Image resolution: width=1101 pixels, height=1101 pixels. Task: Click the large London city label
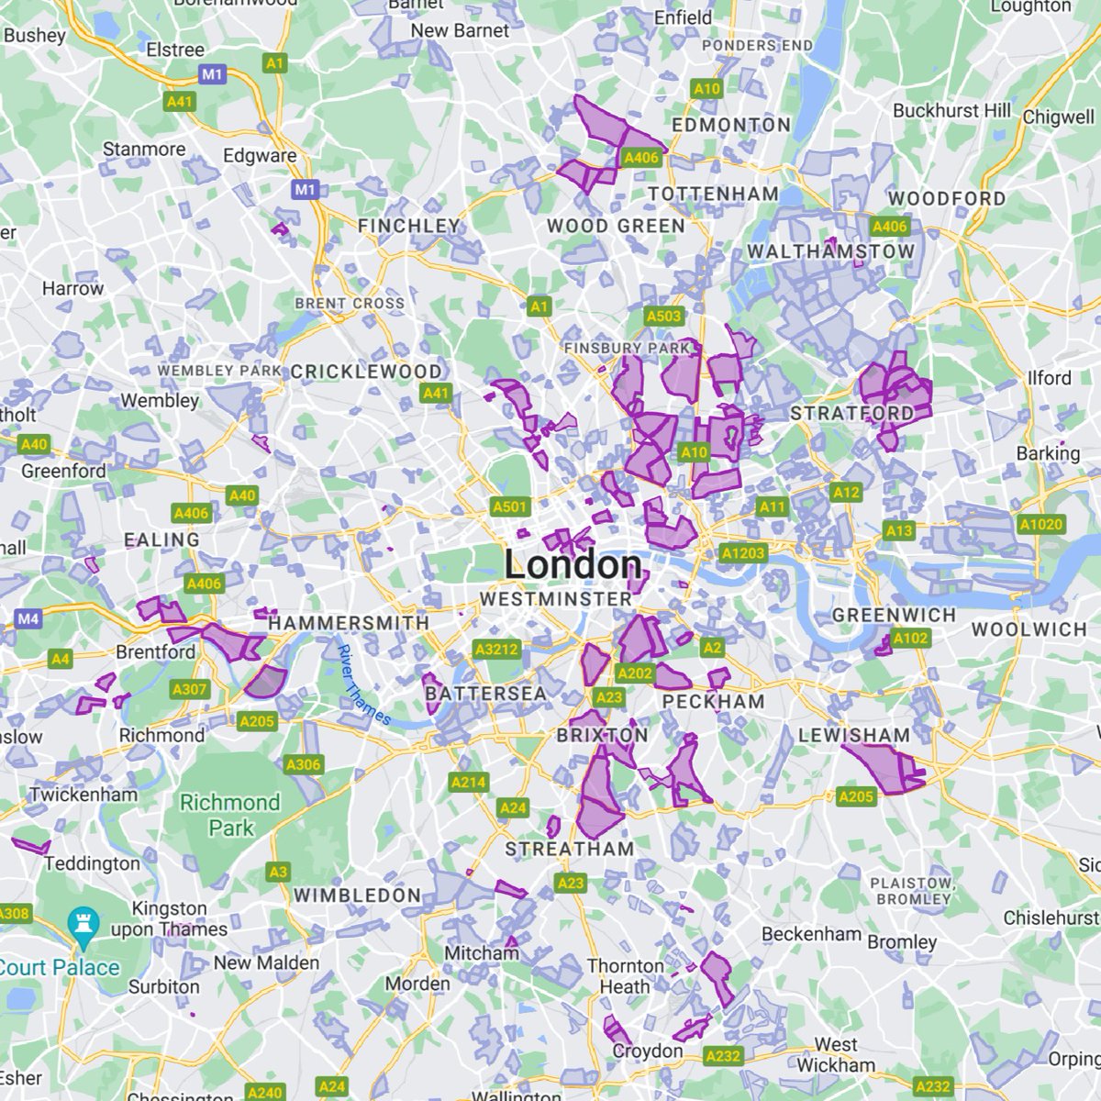(573, 564)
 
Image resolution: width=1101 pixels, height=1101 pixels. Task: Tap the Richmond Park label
(229, 815)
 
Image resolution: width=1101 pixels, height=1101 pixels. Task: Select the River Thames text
(363, 684)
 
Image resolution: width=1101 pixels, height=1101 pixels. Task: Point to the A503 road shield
(663, 317)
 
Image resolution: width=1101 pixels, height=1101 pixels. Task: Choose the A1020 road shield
(1040, 525)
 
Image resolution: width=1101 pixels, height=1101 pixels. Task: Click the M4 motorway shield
(28, 619)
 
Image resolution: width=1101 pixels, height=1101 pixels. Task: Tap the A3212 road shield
(496, 650)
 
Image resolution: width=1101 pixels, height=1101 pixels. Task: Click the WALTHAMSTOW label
(830, 251)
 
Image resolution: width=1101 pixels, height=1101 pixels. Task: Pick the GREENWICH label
(894, 615)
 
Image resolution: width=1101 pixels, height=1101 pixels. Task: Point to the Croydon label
(648, 1051)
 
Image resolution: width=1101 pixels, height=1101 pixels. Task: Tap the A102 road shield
(910, 638)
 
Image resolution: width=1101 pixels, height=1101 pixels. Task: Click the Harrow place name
(72, 288)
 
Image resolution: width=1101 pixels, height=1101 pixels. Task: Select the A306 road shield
(303, 764)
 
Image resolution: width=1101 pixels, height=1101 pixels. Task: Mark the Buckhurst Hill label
(951, 110)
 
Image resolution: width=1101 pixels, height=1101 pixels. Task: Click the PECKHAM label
(713, 702)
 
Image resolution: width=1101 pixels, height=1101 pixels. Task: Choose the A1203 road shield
(742, 553)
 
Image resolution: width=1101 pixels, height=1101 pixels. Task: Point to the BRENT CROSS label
(349, 303)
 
